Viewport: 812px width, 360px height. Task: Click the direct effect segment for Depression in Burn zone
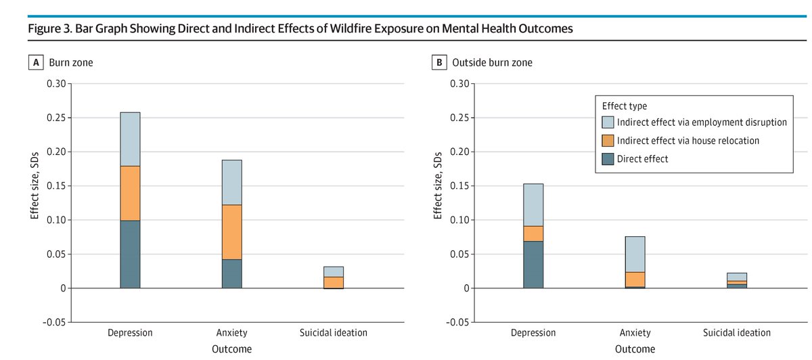pyautogui.click(x=130, y=254)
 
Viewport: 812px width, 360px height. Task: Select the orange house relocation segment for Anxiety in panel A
pyautogui.click(x=231, y=232)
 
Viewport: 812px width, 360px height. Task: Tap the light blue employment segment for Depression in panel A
pyautogui.click(x=130, y=139)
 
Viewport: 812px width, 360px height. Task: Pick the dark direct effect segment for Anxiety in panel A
pyautogui.click(x=231, y=273)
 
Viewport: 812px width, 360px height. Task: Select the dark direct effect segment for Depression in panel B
pyautogui.click(x=533, y=265)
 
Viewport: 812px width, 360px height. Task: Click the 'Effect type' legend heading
pyautogui.click(x=624, y=106)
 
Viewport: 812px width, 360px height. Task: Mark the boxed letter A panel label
pyautogui.click(x=35, y=63)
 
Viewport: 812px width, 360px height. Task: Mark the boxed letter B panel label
pyautogui.click(x=439, y=63)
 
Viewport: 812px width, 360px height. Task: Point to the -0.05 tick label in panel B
pyautogui.click(x=457, y=323)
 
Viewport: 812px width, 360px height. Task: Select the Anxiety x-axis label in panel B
pyautogui.click(x=635, y=333)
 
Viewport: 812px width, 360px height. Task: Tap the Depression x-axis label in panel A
pyautogui.click(x=130, y=333)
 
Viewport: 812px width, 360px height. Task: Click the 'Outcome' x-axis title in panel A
pyautogui.click(x=231, y=349)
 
